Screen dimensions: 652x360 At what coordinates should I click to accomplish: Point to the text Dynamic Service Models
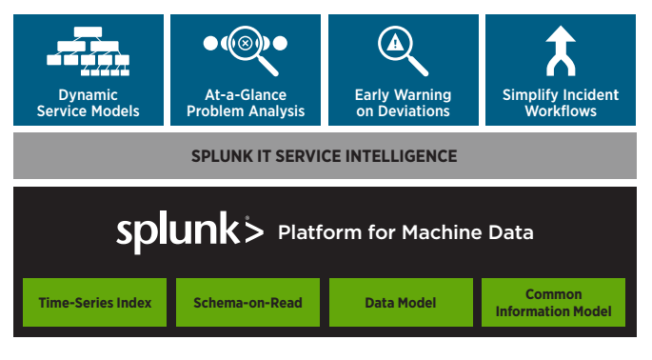pos(87,103)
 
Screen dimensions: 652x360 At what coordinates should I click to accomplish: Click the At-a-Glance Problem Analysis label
pos(246,103)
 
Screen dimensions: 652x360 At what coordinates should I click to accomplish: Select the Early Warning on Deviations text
pos(402,103)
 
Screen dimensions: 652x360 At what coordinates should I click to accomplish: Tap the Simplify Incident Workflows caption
pos(560,103)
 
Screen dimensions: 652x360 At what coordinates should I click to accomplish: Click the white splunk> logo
pos(188,232)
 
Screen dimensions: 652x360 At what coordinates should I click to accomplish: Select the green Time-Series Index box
pos(94,303)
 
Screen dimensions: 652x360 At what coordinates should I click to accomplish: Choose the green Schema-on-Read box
pos(247,303)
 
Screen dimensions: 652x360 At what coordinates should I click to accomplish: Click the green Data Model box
pos(401,303)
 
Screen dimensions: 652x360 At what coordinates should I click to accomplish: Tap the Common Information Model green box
pos(553,303)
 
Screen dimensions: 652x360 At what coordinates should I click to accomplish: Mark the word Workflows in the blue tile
pos(561,111)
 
